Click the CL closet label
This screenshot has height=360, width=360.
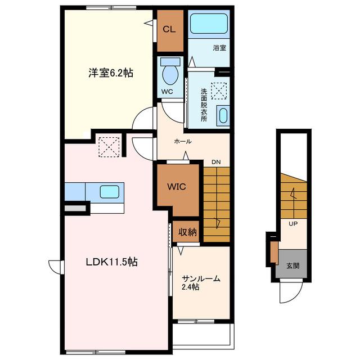click(x=169, y=29)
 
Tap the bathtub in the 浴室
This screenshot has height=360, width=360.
click(x=209, y=24)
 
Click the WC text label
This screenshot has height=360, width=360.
click(x=167, y=92)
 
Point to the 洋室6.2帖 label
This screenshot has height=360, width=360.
click(x=111, y=73)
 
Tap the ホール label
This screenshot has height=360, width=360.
click(x=183, y=141)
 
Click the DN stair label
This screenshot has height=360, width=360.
click(x=216, y=162)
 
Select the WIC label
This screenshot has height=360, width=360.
click(x=177, y=187)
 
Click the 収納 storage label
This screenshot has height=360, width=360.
click(x=187, y=232)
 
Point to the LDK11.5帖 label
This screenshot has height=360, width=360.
click(x=111, y=262)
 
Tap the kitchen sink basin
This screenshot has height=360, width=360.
click(x=110, y=192)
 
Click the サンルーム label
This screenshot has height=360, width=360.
click(x=201, y=278)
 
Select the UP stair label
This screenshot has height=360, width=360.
click(x=293, y=223)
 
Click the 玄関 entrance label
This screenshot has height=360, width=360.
click(x=292, y=266)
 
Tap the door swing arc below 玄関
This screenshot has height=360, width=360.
click(x=295, y=296)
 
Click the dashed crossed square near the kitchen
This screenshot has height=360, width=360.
click(x=109, y=147)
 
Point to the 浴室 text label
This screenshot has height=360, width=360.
click(x=219, y=48)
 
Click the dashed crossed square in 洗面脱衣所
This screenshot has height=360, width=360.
click(x=219, y=91)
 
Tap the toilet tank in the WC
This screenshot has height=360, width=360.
click(x=170, y=62)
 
